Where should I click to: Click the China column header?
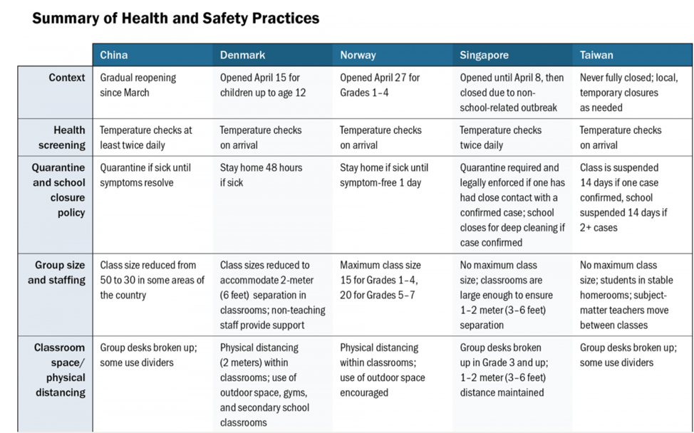tap(114, 55)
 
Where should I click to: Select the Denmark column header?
tap(242, 55)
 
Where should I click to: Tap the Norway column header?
tap(358, 55)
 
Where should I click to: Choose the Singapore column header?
tap(485, 55)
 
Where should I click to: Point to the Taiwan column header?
tap(596, 55)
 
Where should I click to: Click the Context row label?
tap(67, 78)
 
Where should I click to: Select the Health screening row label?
tap(61, 137)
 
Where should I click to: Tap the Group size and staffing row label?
tap(57, 273)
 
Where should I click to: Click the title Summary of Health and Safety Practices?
tap(176, 18)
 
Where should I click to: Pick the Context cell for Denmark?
tap(263, 85)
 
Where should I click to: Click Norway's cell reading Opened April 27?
tap(380, 85)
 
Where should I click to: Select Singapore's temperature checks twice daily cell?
tap(501, 137)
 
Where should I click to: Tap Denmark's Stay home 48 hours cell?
tap(261, 175)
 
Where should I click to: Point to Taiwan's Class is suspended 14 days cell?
tap(623, 198)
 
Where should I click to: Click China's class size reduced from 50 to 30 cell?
tap(152, 280)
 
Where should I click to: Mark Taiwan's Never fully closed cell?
tap(629, 93)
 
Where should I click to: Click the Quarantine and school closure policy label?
tap(58, 190)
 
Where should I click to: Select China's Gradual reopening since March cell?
tap(138, 85)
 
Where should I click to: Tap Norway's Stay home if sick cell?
tap(384, 175)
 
